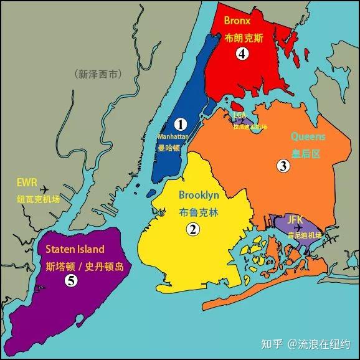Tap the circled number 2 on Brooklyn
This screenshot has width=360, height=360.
pyautogui.click(x=194, y=229)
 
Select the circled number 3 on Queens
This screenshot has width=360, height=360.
pyautogui.click(x=283, y=166)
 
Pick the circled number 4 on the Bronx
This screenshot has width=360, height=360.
pyautogui.click(x=243, y=54)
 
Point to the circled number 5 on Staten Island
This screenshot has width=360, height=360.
pyautogui.click(x=72, y=280)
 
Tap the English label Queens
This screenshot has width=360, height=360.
pyautogui.click(x=308, y=136)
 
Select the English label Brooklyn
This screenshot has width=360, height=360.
pyautogui.click(x=199, y=194)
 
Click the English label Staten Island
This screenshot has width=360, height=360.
pyautogui.click(x=75, y=249)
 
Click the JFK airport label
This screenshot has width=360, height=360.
pyautogui.click(x=295, y=220)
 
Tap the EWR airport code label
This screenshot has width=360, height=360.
pyautogui.click(x=28, y=184)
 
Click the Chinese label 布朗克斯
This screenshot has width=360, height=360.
pyautogui.click(x=244, y=37)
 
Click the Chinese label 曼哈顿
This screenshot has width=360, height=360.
pyautogui.click(x=169, y=148)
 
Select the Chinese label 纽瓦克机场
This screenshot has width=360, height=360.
pyautogui.click(x=38, y=200)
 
